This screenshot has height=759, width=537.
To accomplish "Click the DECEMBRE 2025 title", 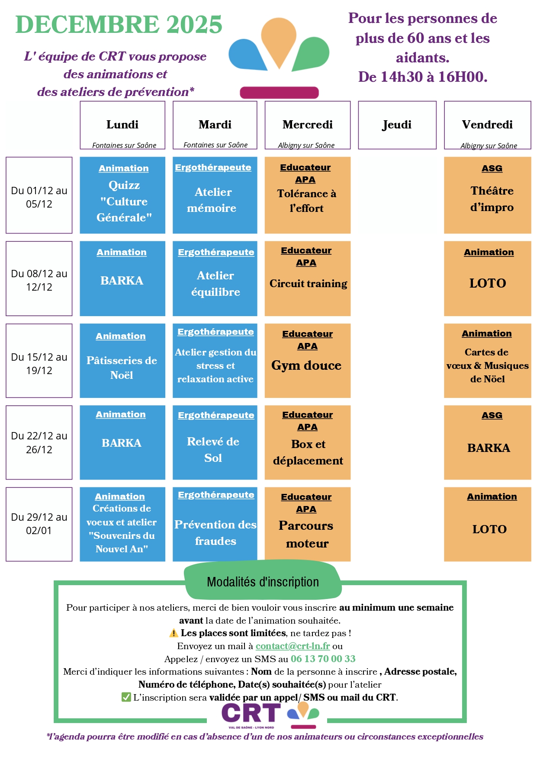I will [x=119, y=25].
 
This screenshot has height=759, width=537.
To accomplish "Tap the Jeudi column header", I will [x=397, y=125].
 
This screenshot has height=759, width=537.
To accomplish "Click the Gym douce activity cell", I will [x=307, y=361].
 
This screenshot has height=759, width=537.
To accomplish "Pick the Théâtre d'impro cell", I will [x=487, y=195].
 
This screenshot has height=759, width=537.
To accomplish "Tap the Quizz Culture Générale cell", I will [x=122, y=195].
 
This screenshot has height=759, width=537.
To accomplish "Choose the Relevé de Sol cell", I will [x=215, y=442].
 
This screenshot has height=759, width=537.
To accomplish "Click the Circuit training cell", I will [x=307, y=279].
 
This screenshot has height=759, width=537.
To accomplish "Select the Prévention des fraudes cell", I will [x=215, y=524].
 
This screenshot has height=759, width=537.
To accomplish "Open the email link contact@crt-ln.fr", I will [x=293, y=646].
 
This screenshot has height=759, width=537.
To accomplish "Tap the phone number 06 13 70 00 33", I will [x=323, y=659].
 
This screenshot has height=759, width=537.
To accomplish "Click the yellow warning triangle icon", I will [x=174, y=633].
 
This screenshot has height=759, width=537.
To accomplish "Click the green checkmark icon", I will [x=126, y=697].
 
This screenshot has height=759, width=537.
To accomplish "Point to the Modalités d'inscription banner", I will [x=263, y=582].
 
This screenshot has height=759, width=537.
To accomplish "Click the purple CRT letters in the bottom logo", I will [x=251, y=713].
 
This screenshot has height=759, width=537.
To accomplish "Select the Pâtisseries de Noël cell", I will [x=122, y=361].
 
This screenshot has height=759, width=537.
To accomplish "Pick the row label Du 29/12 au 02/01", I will [x=39, y=524].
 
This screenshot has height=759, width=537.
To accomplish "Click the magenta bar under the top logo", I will [x=279, y=93].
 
